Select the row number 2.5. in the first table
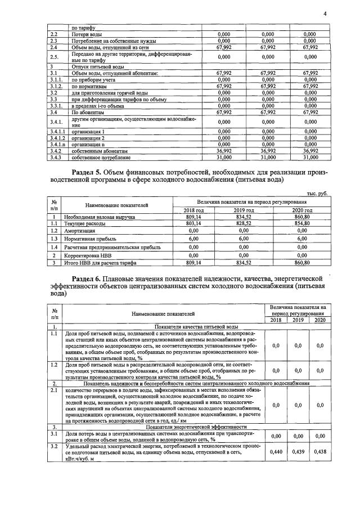coord(55,57)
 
